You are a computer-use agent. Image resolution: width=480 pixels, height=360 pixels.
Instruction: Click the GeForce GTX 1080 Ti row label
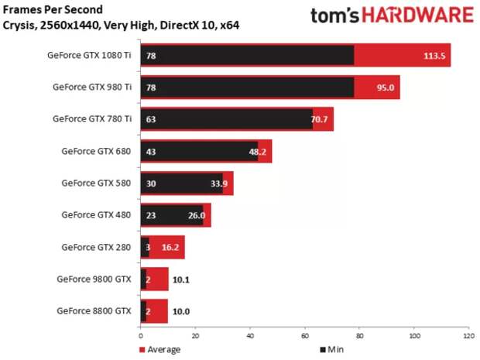tap(89, 56)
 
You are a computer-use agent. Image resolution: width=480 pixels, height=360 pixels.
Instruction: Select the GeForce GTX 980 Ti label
tap(91, 87)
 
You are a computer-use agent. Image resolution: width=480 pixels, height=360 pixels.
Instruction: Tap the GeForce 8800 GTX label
tap(94, 311)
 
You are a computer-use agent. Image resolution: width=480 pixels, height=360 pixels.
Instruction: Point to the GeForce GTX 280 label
tap(95, 247)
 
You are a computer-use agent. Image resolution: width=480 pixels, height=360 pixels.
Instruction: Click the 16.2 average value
tap(171, 248)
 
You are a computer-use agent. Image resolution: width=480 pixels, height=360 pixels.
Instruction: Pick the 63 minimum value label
tap(151, 120)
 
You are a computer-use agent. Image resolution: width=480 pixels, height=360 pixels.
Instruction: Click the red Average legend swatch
tap(141, 350)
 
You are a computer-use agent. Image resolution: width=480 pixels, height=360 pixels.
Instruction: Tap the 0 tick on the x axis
tap(140, 336)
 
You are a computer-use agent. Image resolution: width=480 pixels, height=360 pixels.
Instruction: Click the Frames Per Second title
tap(53, 10)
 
